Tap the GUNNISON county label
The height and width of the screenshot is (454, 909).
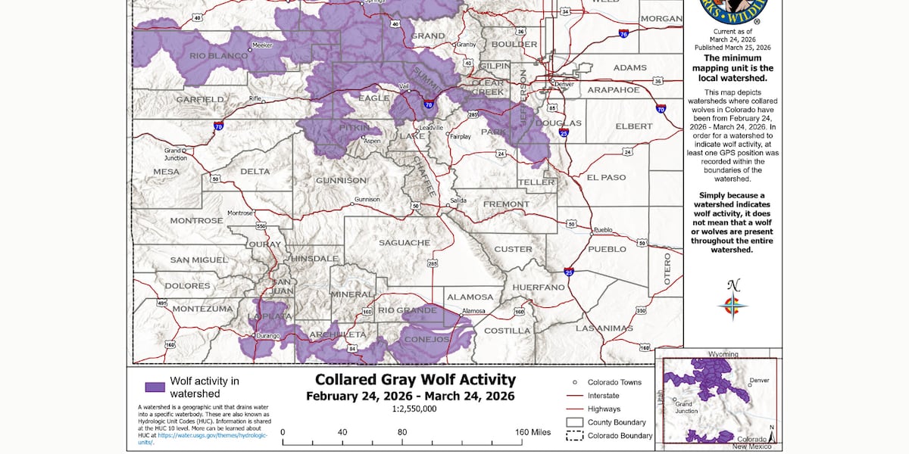(341, 181)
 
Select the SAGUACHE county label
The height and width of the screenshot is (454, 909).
(405, 243)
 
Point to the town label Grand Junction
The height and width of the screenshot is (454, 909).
(175, 154)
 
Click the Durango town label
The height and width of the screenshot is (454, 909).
(267, 334)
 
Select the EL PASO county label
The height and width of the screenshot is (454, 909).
(607, 178)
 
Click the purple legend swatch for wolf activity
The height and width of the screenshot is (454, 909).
(155, 387)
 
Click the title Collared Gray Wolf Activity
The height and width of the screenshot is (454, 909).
(415, 379)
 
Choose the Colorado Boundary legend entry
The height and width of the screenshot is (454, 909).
(619, 436)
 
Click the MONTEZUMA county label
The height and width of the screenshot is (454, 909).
(202, 309)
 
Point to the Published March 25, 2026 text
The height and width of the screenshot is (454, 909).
(732, 47)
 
